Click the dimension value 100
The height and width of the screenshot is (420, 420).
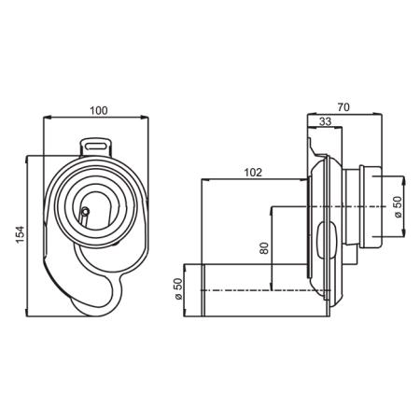point(99,110)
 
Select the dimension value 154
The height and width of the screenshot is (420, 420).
point(20,235)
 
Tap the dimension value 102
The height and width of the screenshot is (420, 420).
point(253,173)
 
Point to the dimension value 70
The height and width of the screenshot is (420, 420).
point(343,107)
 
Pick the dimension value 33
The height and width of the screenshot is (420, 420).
point(326,121)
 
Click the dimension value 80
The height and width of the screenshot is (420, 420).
point(264,248)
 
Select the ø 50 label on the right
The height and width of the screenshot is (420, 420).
point(399,207)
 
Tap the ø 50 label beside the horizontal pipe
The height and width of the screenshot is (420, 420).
point(178,289)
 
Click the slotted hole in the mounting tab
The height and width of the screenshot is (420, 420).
point(96,147)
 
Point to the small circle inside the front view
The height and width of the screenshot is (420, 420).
point(85,212)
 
